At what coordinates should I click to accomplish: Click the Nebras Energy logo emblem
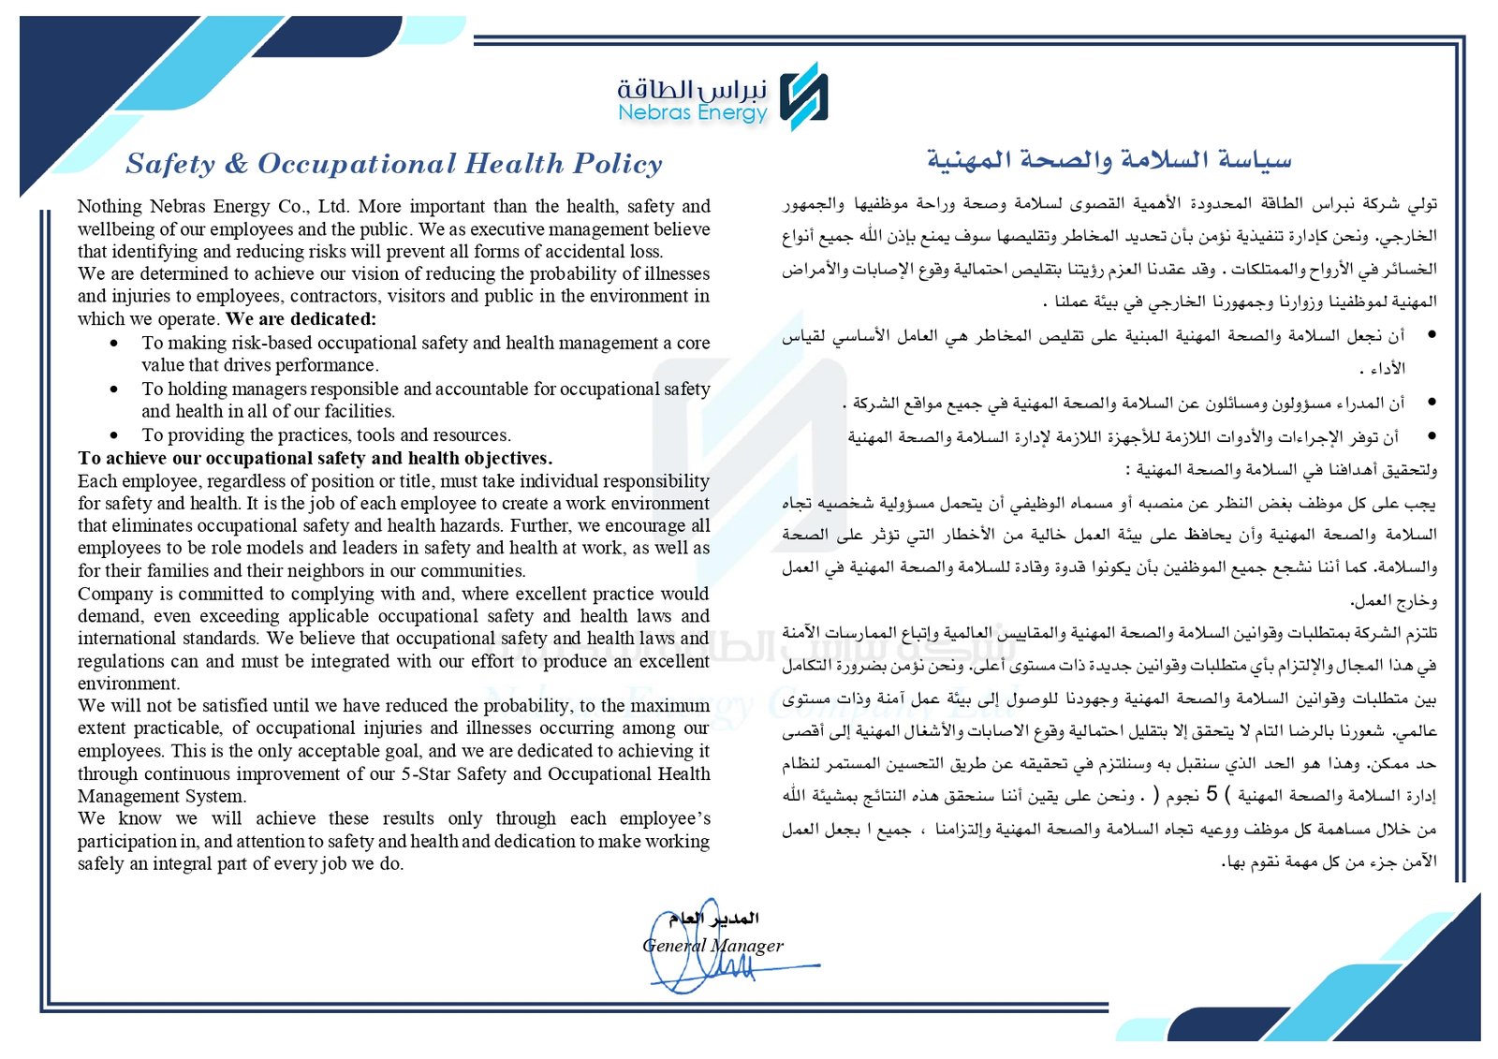click(x=804, y=96)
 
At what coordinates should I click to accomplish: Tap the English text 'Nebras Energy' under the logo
click(x=692, y=113)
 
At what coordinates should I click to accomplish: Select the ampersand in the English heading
click(x=236, y=164)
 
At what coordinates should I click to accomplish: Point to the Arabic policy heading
click(x=1109, y=160)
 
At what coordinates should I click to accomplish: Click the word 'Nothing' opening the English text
click(x=110, y=206)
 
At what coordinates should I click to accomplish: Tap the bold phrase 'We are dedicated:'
click(x=301, y=318)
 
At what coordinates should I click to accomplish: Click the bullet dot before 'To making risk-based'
click(x=114, y=343)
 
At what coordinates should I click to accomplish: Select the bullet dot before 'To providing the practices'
click(x=114, y=434)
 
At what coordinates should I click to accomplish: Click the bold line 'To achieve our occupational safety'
click(x=315, y=458)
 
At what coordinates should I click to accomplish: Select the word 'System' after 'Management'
click(x=218, y=796)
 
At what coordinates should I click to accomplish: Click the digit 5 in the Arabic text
click(x=1212, y=795)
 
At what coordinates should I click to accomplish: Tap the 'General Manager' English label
click(x=712, y=945)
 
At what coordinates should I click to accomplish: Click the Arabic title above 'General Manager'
click(x=713, y=919)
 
